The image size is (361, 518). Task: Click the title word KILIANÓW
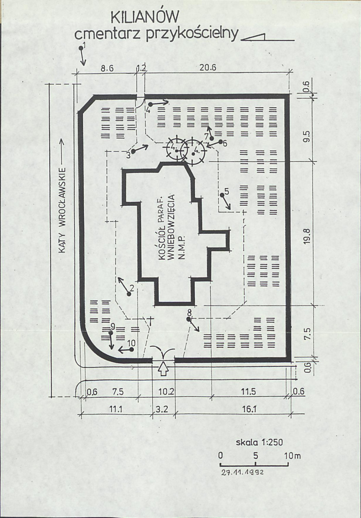point(145,17)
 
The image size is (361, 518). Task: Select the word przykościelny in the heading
point(192,34)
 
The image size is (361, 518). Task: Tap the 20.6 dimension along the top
point(208,68)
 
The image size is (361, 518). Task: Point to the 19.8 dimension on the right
point(307,237)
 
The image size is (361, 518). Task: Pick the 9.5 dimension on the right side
point(307,137)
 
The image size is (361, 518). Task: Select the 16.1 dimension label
point(249,409)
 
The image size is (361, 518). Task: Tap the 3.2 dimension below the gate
point(162,409)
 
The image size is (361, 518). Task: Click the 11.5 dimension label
point(248,391)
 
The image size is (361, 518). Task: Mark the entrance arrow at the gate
point(163,368)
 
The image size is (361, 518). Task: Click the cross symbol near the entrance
point(150,321)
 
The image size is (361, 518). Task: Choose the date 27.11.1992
point(243,472)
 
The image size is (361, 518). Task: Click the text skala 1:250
point(259,442)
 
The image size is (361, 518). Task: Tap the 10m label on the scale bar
point(292,456)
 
